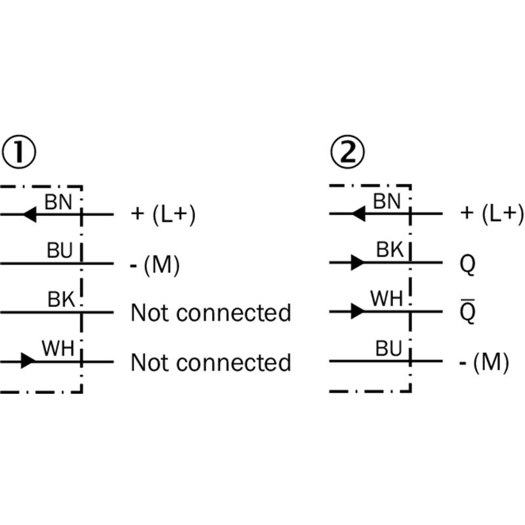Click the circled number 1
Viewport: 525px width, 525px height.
coord(19,152)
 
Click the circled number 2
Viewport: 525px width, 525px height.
coord(348,152)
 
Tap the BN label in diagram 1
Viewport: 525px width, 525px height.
coord(58,202)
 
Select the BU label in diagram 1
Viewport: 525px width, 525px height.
coord(60,251)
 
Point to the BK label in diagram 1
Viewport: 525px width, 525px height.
coord(61,299)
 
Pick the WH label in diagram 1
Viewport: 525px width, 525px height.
coord(58,348)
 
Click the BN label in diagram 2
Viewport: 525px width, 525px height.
coord(387,201)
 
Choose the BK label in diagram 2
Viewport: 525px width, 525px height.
coord(390,250)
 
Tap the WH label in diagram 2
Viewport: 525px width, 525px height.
coord(387,299)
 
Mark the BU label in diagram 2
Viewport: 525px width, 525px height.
coord(388,348)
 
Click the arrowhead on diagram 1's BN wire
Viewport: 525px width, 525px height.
coord(30,215)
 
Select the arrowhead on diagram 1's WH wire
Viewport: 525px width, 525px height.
coord(28,361)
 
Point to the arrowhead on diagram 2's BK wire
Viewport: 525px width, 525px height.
coord(358,262)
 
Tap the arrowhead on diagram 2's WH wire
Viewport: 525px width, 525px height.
coord(358,311)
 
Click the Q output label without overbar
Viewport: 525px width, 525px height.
coord(467,264)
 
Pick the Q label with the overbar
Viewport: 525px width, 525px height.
coord(467,311)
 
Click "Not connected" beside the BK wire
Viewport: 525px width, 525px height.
coord(211,313)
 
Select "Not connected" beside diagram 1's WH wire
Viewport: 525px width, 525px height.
coord(211,363)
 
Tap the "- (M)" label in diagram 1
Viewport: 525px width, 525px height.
coord(155,265)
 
